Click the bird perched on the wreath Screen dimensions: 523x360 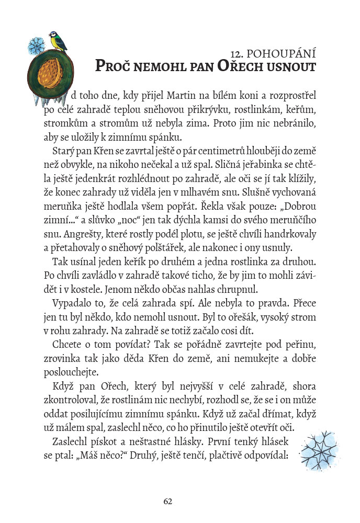[x=58, y=41]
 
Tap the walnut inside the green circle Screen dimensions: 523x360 [x=52, y=71]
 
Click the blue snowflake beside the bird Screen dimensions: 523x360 [x=35, y=46]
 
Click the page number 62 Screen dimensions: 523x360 [x=168, y=501]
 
